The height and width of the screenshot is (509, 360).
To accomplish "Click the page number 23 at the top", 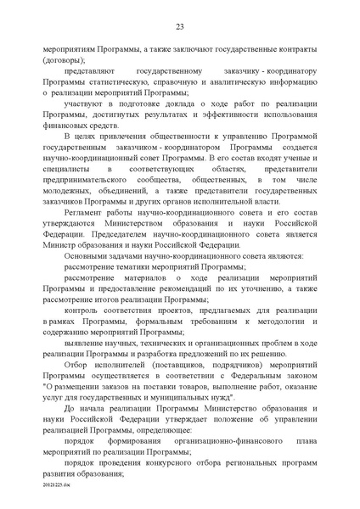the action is point(180,28).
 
